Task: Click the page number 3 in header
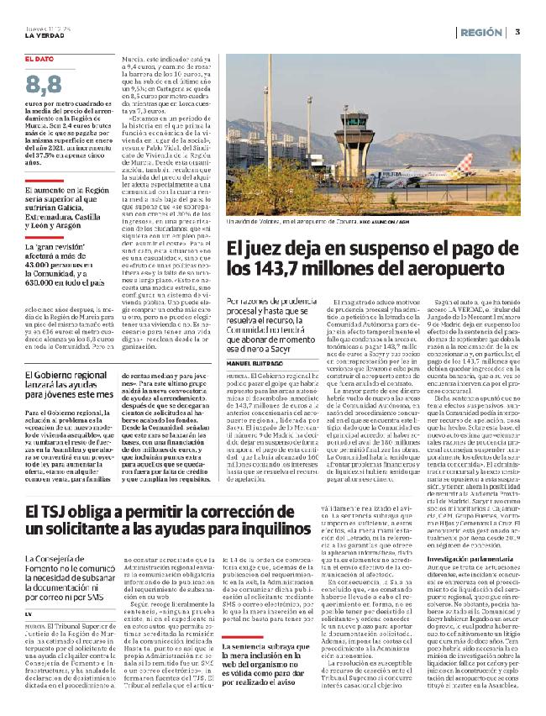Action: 518,32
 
